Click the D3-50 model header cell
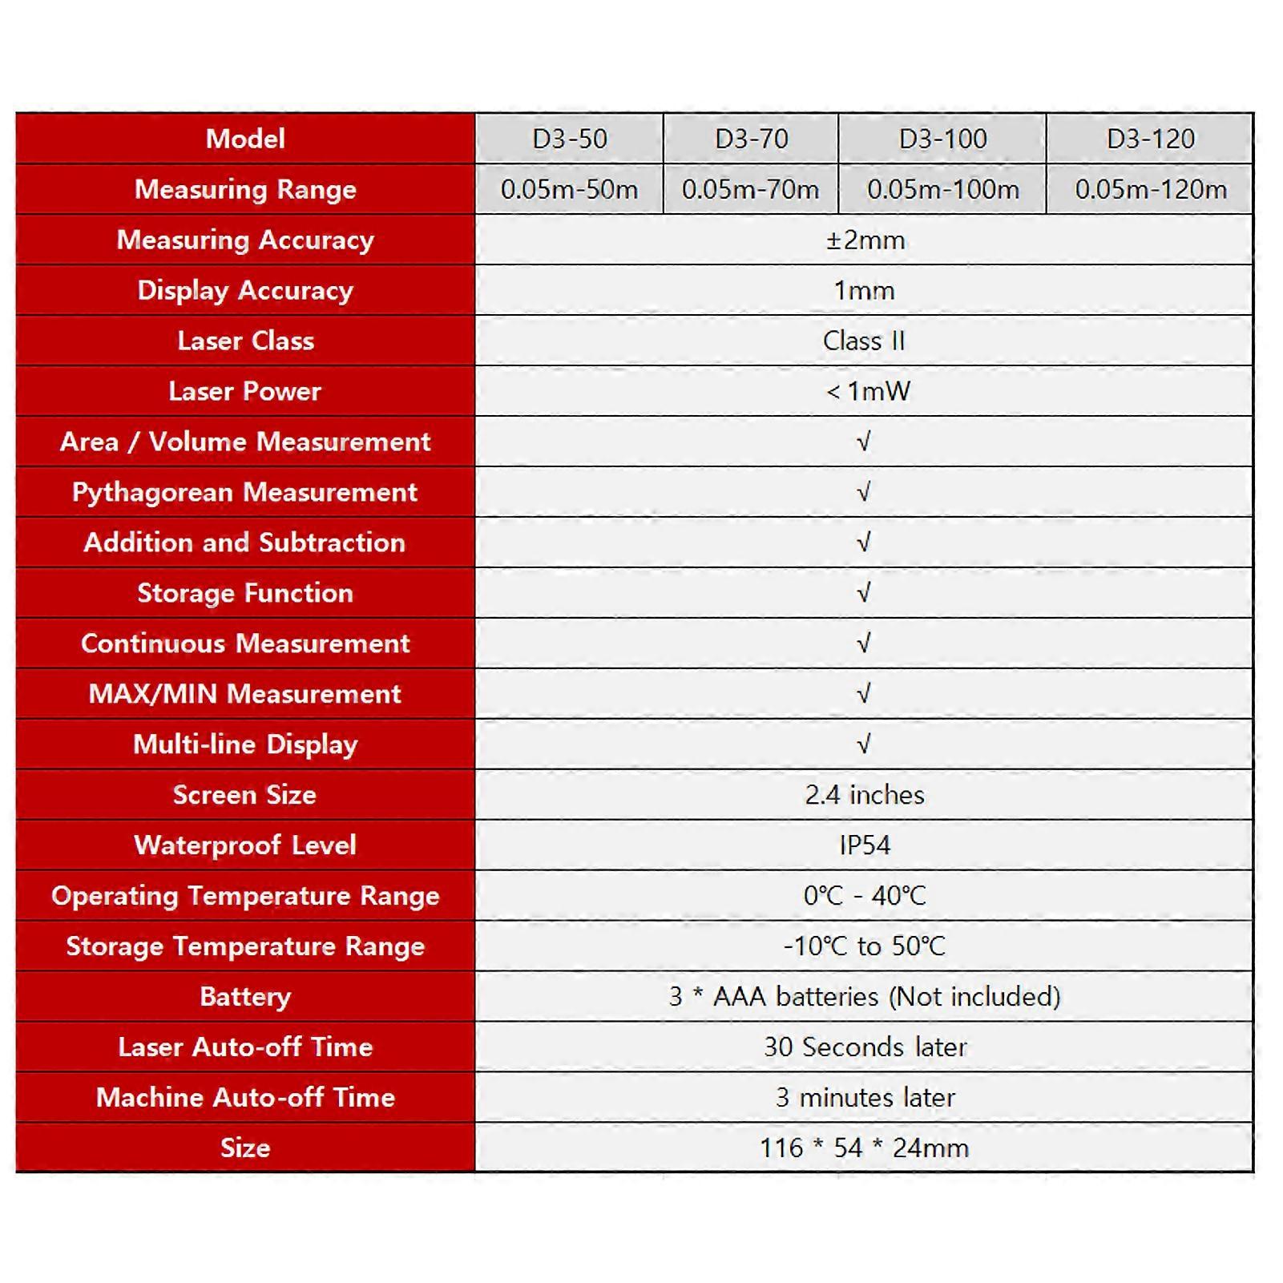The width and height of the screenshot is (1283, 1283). [x=570, y=139]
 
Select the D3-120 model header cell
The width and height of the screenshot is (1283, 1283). [x=1150, y=139]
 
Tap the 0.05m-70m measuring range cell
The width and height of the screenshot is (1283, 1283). [x=750, y=189]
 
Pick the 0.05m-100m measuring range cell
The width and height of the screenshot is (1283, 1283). [x=942, y=189]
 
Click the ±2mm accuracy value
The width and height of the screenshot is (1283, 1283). [x=865, y=240]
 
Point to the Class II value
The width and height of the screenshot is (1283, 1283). [x=864, y=341]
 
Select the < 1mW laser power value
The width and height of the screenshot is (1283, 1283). [x=868, y=391]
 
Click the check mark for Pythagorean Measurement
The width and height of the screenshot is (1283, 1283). [x=863, y=492]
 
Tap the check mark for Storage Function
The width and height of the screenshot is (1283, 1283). [x=863, y=593]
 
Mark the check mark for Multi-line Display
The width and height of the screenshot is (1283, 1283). [x=863, y=744]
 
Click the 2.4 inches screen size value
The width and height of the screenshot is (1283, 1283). [x=865, y=795]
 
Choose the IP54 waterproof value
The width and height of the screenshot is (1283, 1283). [x=865, y=845]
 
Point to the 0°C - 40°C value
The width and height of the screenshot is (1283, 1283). [x=865, y=895]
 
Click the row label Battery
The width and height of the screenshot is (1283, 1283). [x=245, y=996]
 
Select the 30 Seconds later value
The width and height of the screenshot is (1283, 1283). [x=865, y=1047]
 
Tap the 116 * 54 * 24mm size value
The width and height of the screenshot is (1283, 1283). [x=864, y=1148]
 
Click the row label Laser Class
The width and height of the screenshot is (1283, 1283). [x=245, y=341]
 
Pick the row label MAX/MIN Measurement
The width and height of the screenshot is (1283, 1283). [x=245, y=694]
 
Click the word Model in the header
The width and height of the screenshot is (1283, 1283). [x=245, y=139]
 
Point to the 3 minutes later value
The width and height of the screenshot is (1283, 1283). [x=865, y=1097]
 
